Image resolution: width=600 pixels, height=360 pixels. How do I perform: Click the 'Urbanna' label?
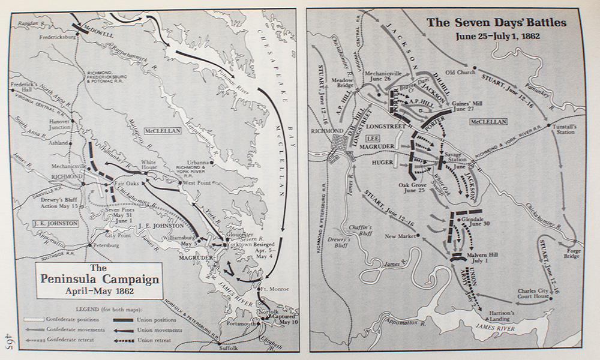coord(197,163)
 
